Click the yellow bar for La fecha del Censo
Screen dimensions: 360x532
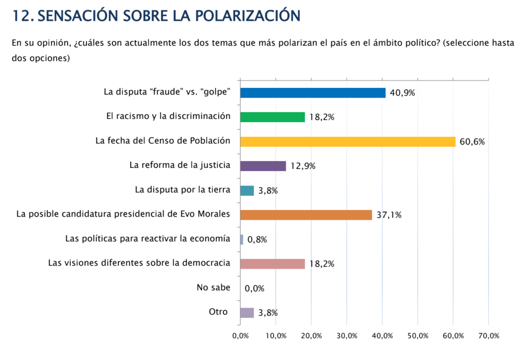coord(348,141)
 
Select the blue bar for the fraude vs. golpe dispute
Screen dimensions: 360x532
coord(313,92)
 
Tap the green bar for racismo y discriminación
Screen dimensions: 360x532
coord(272,117)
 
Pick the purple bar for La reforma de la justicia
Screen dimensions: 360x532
coord(263,166)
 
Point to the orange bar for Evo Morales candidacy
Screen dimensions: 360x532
coord(306,215)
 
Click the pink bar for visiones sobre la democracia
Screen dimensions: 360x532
coord(272,263)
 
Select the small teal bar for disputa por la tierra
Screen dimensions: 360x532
coord(247,190)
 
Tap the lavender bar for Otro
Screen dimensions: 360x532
coord(247,312)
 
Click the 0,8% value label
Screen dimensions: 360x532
coord(258,239)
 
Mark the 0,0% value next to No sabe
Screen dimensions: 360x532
coord(255,288)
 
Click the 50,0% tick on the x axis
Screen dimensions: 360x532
coord(418,336)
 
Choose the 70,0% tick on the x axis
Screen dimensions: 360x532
coord(488,336)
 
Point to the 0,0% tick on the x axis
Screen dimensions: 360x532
coord(240,336)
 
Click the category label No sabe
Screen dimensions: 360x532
coord(213,287)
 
